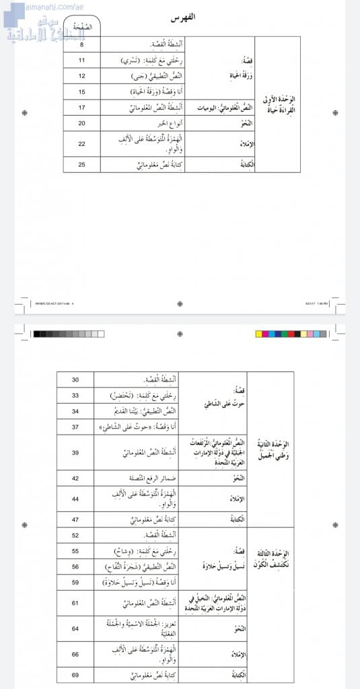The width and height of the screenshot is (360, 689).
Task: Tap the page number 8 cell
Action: coord(81,46)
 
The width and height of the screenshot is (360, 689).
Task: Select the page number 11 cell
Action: coord(81,61)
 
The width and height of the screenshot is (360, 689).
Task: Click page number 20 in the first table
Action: coord(81,123)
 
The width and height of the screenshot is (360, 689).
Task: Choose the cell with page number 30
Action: coord(75,380)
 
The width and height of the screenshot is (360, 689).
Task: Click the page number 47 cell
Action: coord(75,520)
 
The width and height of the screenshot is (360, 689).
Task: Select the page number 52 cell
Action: coord(75,536)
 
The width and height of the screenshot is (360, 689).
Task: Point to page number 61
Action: coord(75,603)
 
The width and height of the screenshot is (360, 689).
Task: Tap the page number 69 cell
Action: coord(75,674)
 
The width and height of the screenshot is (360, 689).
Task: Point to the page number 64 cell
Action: coord(75,629)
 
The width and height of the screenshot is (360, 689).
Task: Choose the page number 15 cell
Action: coord(81,92)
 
